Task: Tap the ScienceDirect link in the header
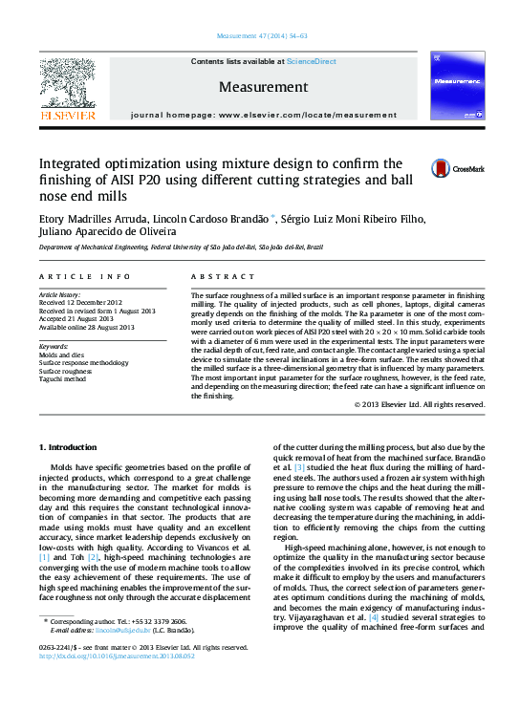pos(312,61)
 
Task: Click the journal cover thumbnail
pos(454,84)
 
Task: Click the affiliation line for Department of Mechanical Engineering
pos(181,247)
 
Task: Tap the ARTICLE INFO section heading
pos(84,277)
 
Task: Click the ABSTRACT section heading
pos(211,277)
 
